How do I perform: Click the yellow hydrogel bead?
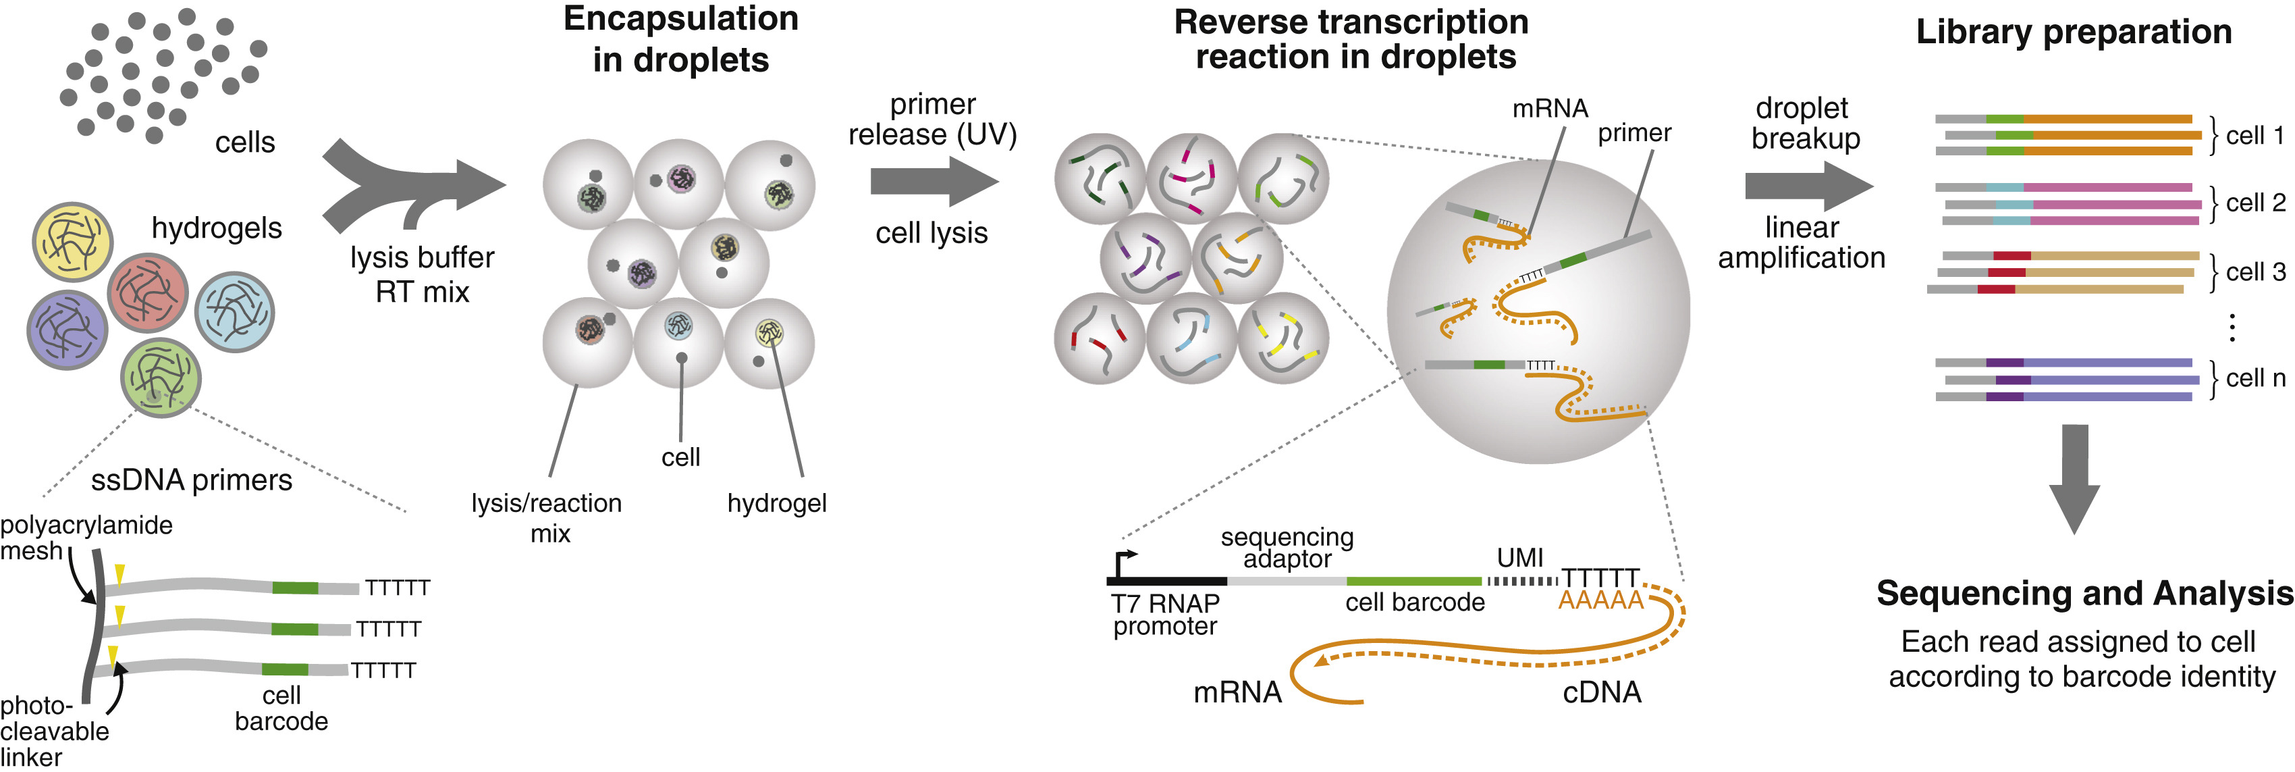pyautogui.click(x=72, y=242)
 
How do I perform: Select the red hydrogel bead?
pyautogui.click(x=148, y=292)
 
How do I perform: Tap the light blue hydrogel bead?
pyautogui.click(x=234, y=312)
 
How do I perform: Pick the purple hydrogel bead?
pyautogui.click(x=67, y=330)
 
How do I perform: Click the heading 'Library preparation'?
pyautogui.click(x=2074, y=32)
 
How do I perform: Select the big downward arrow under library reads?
pyautogui.click(x=2075, y=479)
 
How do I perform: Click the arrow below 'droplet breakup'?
pyautogui.click(x=1808, y=186)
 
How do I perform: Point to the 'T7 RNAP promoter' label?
pyautogui.click(x=1165, y=615)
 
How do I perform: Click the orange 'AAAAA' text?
pyautogui.click(x=1601, y=601)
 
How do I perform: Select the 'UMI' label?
pyautogui.click(x=1520, y=558)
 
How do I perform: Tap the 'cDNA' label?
pyautogui.click(x=1602, y=693)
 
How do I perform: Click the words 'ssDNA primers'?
pyautogui.click(x=192, y=480)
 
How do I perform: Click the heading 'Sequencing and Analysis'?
pyautogui.click(x=2085, y=594)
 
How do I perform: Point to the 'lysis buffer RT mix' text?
pyautogui.click(x=423, y=275)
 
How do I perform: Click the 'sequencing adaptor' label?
pyautogui.click(x=1287, y=547)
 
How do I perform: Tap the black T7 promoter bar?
pyautogui.click(x=1167, y=582)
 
